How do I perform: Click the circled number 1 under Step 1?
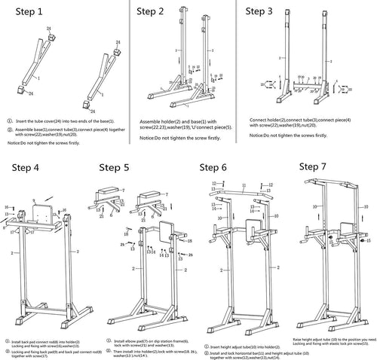9,121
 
